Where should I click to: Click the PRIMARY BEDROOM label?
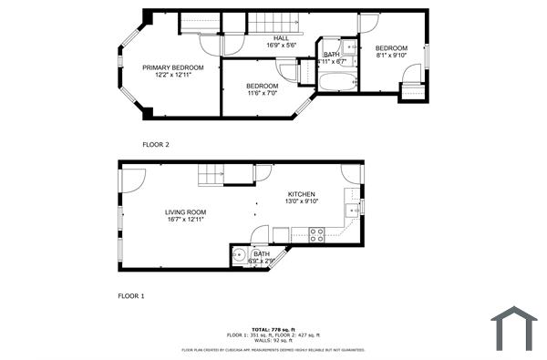[x=172, y=67]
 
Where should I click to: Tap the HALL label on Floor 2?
[x=282, y=37]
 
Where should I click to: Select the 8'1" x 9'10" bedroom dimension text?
[x=391, y=56]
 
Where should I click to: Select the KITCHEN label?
[x=301, y=195]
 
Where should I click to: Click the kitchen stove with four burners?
[x=317, y=234]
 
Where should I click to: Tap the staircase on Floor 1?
[x=212, y=174]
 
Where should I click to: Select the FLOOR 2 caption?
[x=156, y=144]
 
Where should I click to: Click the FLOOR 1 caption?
[x=131, y=296]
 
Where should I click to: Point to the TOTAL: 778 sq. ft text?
[x=273, y=329]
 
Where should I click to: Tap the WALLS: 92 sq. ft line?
[x=273, y=340]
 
